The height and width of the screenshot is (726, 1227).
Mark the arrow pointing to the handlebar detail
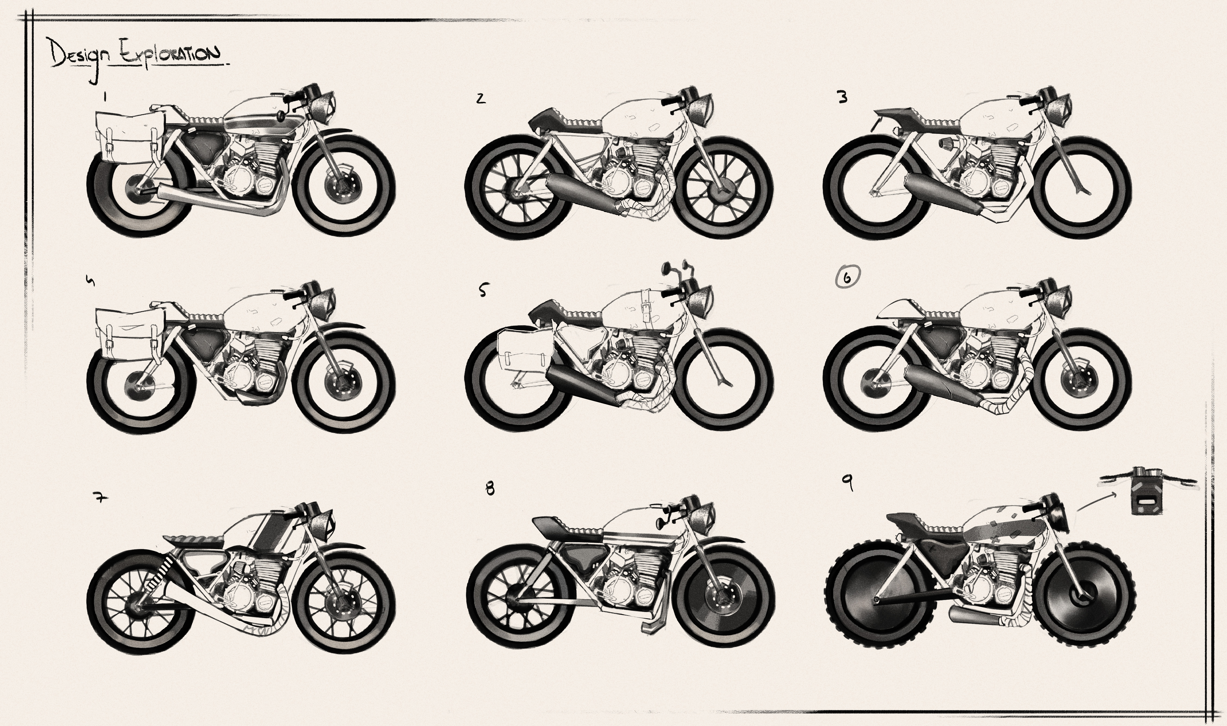click(x=1097, y=506)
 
